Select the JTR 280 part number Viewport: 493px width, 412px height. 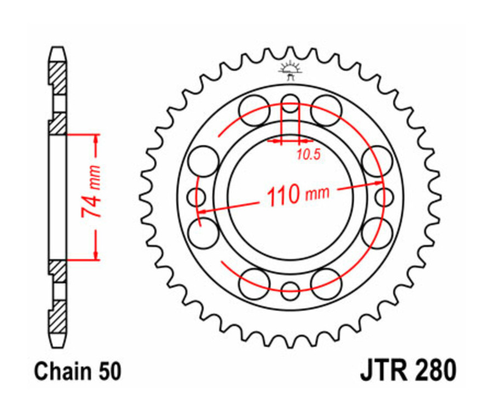[x=408, y=370]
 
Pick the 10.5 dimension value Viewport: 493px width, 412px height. [x=308, y=155]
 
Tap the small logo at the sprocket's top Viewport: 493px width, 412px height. [x=290, y=70]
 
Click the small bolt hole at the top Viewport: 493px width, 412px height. [x=290, y=101]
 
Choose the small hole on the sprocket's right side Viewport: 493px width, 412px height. [x=384, y=195]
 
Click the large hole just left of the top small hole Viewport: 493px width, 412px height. [x=255, y=110]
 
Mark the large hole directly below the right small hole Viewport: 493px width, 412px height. [x=377, y=231]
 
